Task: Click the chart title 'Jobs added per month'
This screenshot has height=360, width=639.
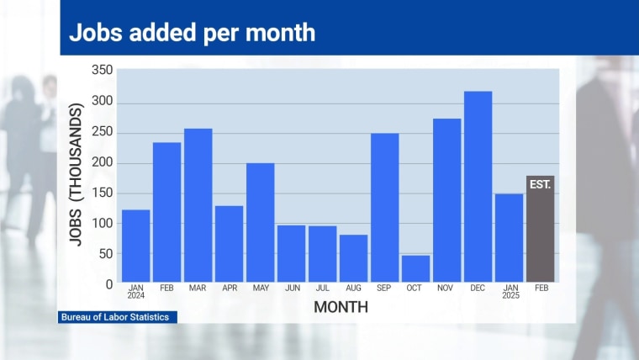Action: [192, 32]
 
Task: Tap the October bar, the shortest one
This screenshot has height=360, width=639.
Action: [415, 268]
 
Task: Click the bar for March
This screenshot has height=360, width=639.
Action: [198, 205]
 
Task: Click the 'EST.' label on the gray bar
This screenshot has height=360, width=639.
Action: [540, 183]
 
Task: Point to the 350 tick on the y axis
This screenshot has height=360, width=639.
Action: [101, 71]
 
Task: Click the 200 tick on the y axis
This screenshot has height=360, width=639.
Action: [101, 162]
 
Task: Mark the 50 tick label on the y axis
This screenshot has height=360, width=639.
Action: [104, 254]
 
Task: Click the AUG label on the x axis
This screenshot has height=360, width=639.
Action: [353, 289]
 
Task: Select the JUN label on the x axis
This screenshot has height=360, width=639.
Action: [291, 289]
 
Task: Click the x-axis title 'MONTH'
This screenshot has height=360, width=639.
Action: [341, 308]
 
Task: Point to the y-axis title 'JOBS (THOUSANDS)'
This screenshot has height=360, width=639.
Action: [77, 174]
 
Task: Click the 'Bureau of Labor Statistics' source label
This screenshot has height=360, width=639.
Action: [114, 317]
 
